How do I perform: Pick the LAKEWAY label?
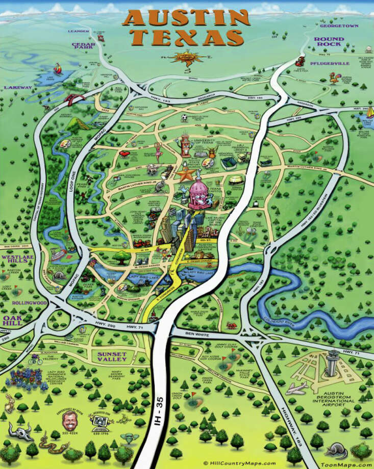point(18,88)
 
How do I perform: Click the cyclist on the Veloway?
point(34,360)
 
